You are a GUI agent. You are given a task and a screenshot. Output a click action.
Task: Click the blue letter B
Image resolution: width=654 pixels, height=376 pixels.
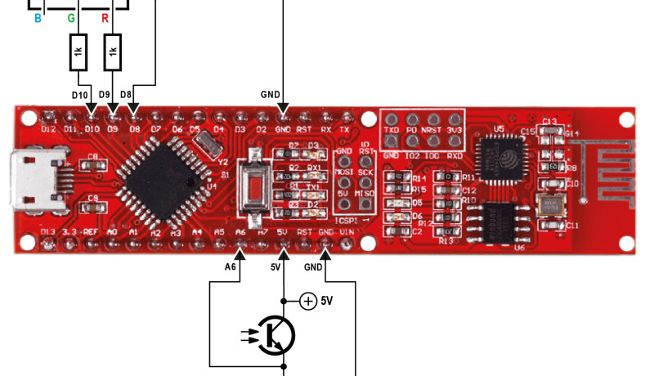[x=38, y=17]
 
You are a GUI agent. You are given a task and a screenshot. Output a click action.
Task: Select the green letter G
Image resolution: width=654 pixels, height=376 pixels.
[x=71, y=17]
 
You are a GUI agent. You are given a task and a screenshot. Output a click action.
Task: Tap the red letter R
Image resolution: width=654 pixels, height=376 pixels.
[x=105, y=17]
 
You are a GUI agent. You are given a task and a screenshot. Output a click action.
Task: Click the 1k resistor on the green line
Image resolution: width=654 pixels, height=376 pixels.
[x=78, y=53]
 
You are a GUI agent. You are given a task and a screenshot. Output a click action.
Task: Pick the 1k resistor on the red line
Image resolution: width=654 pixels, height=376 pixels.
[x=113, y=53]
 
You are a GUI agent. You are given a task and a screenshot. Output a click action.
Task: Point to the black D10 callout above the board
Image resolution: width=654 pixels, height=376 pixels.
[x=79, y=96]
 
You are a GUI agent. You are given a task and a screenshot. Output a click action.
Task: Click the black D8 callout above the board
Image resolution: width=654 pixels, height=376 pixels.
[x=126, y=96]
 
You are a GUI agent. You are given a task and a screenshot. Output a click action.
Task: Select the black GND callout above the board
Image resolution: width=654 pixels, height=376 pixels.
[x=269, y=94]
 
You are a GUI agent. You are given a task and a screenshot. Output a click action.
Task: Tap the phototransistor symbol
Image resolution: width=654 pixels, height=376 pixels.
[x=274, y=336]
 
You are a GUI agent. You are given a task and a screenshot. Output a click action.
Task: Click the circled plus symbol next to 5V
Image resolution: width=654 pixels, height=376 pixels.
[x=307, y=302]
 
